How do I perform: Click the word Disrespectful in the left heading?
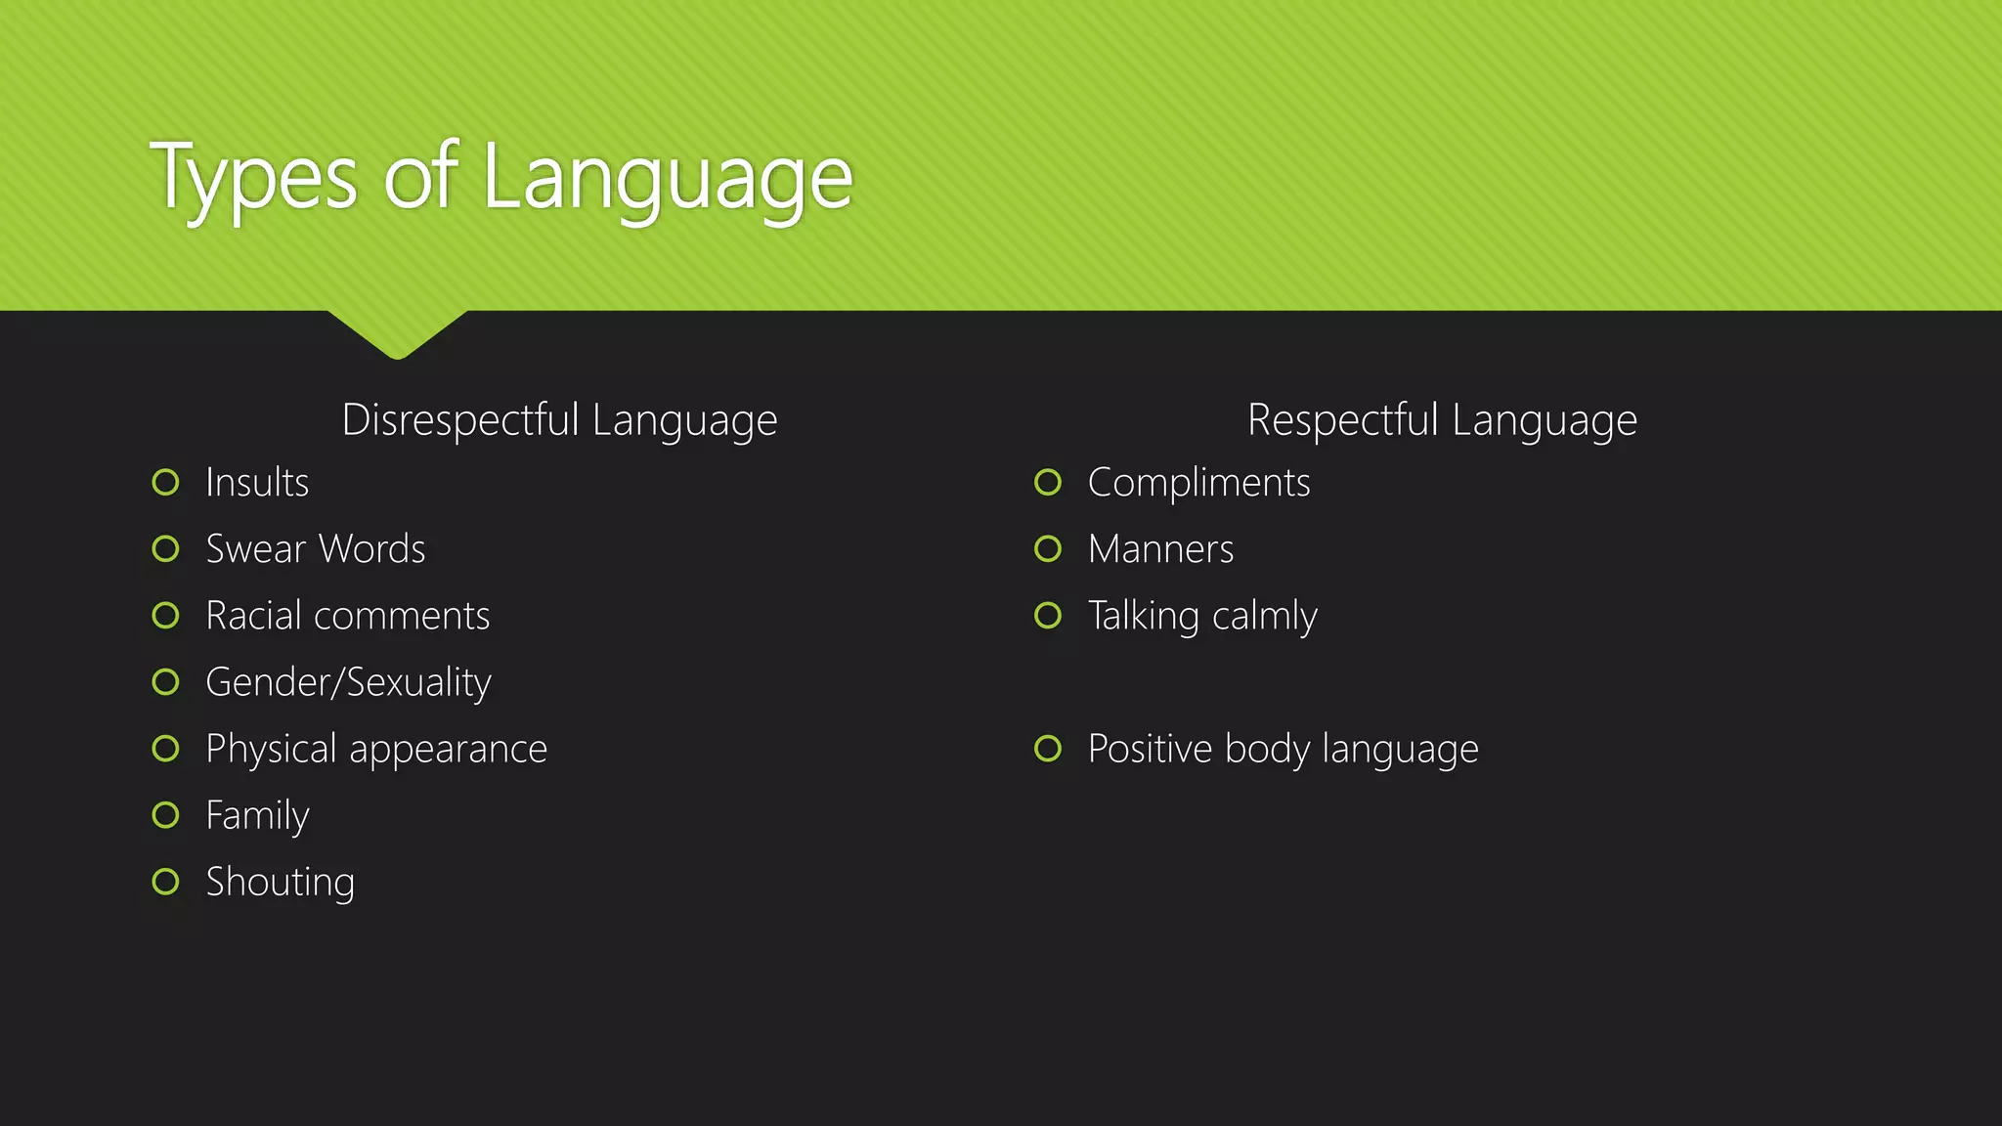pyautogui.click(x=460, y=420)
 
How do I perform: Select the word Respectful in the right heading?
pyautogui.click(x=1343, y=420)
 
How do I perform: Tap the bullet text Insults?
pyautogui.click(x=257, y=483)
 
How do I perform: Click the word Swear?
pyautogui.click(x=256, y=549)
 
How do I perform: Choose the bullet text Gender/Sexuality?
pyautogui.click(x=348, y=682)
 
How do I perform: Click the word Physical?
pyautogui.click(x=272, y=750)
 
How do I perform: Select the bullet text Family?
pyautogui.click(x=257, y=816)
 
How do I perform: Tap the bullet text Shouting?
pyautogui.click(x=280, y=883)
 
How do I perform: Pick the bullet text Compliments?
pyautogui.click(x=1198, y=483)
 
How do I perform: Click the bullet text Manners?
pyautogui.click(x=1160, y=549)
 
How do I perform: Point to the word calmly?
pyautogui.click(x=1265, y=617)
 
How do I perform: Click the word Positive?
pyautogui.click(x=1151, y=749)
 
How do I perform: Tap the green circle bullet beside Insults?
pyautogui.click(x=166, y=482)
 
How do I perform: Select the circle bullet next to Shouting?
pyautogui.click(x=166, y=882)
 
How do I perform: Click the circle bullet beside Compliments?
pyautogui.click(x=1048, y=482)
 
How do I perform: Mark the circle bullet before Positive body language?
pyautogui.click(x=1048, y=749)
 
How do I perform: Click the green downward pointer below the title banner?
pyautogui.click(x=397, y=332)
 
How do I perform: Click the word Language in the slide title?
pyautogui.click(x=668, y=178)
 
